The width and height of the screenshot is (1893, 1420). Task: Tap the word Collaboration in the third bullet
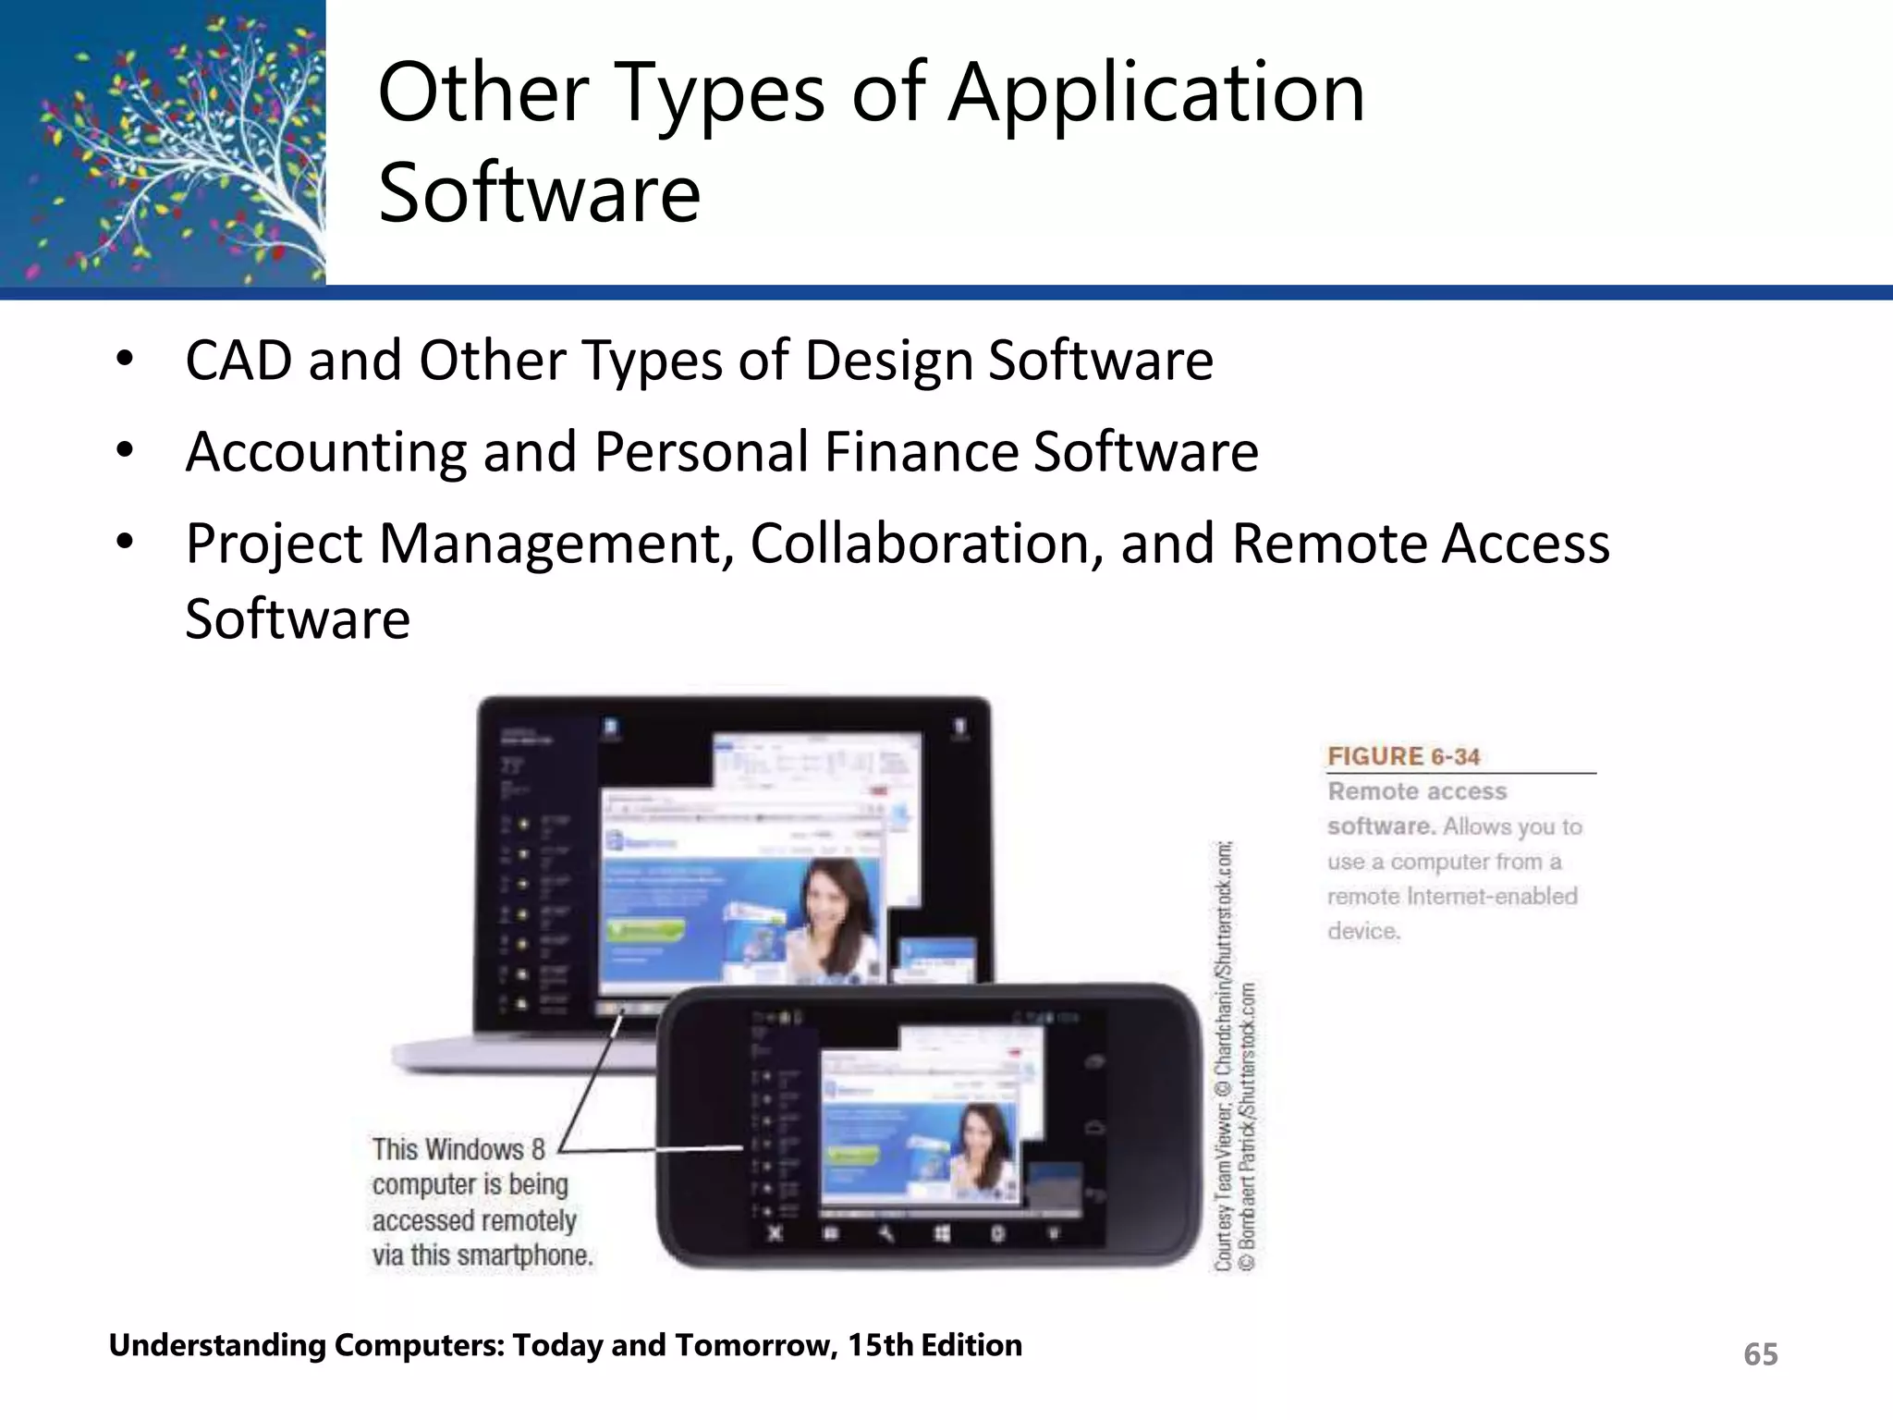click(x=925, y=544)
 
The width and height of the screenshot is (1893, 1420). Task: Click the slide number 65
click(x=1760, y=1354)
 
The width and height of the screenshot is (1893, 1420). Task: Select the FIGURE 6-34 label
click(x=1403, y=756)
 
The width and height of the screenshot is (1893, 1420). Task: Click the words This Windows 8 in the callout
click(x=458, y=1149)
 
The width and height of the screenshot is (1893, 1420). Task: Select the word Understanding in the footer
click(x=217, y=1345)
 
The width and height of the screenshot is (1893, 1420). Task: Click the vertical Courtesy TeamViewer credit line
click(x=1223, y=1054)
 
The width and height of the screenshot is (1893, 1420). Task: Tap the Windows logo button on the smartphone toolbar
click(x=942, y=1234)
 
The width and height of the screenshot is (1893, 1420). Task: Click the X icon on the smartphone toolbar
click(x=776, y=1233)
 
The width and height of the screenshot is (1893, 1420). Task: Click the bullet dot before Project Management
click(x=126, y=544)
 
